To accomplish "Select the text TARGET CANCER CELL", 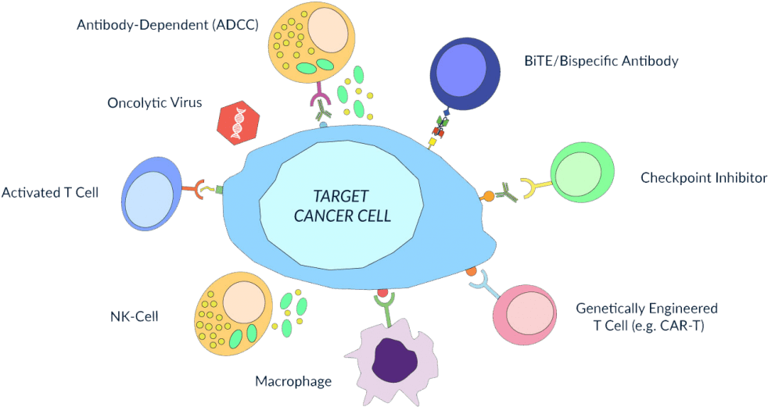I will [x=342, y=205].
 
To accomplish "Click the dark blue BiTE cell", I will [x=466, y=75].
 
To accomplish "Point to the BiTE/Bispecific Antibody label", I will [x=601, y=61].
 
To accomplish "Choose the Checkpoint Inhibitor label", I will [x=703, y=178].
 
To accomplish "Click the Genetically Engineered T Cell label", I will [x=646, y=317].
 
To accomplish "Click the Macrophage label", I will [x=292, y=382].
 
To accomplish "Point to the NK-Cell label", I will [x=134, y=317].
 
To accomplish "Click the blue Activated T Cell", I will [x=149, y=194].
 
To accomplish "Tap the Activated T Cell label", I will [x=50, y=192].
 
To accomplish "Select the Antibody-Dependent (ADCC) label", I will [x=167, y=25].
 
